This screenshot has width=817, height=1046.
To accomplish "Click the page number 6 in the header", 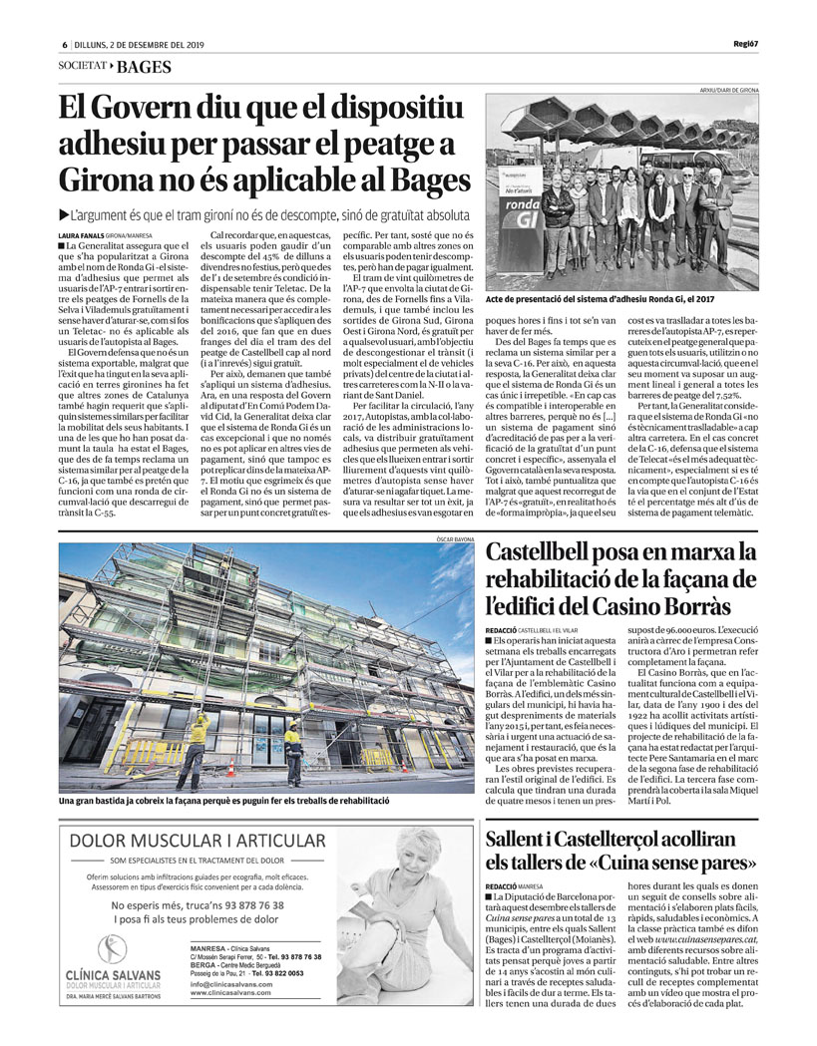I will tap(64, 45).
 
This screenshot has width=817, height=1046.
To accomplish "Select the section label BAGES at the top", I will tap(144, 67).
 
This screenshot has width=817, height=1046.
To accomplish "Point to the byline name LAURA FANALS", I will tap(82, 234).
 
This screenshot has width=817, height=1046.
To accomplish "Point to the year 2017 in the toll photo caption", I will tap(703, 298).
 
